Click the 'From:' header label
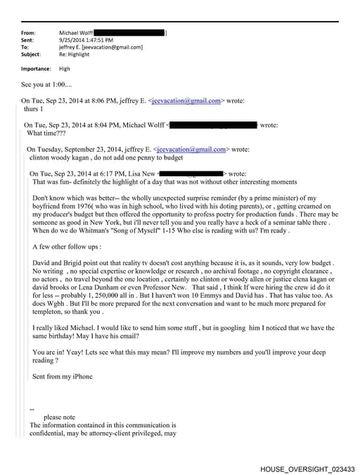point(29,33)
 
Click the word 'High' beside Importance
point(65,69)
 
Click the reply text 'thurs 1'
point(34,109)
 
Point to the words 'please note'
point(59,417)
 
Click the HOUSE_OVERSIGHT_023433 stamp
point(307,468)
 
